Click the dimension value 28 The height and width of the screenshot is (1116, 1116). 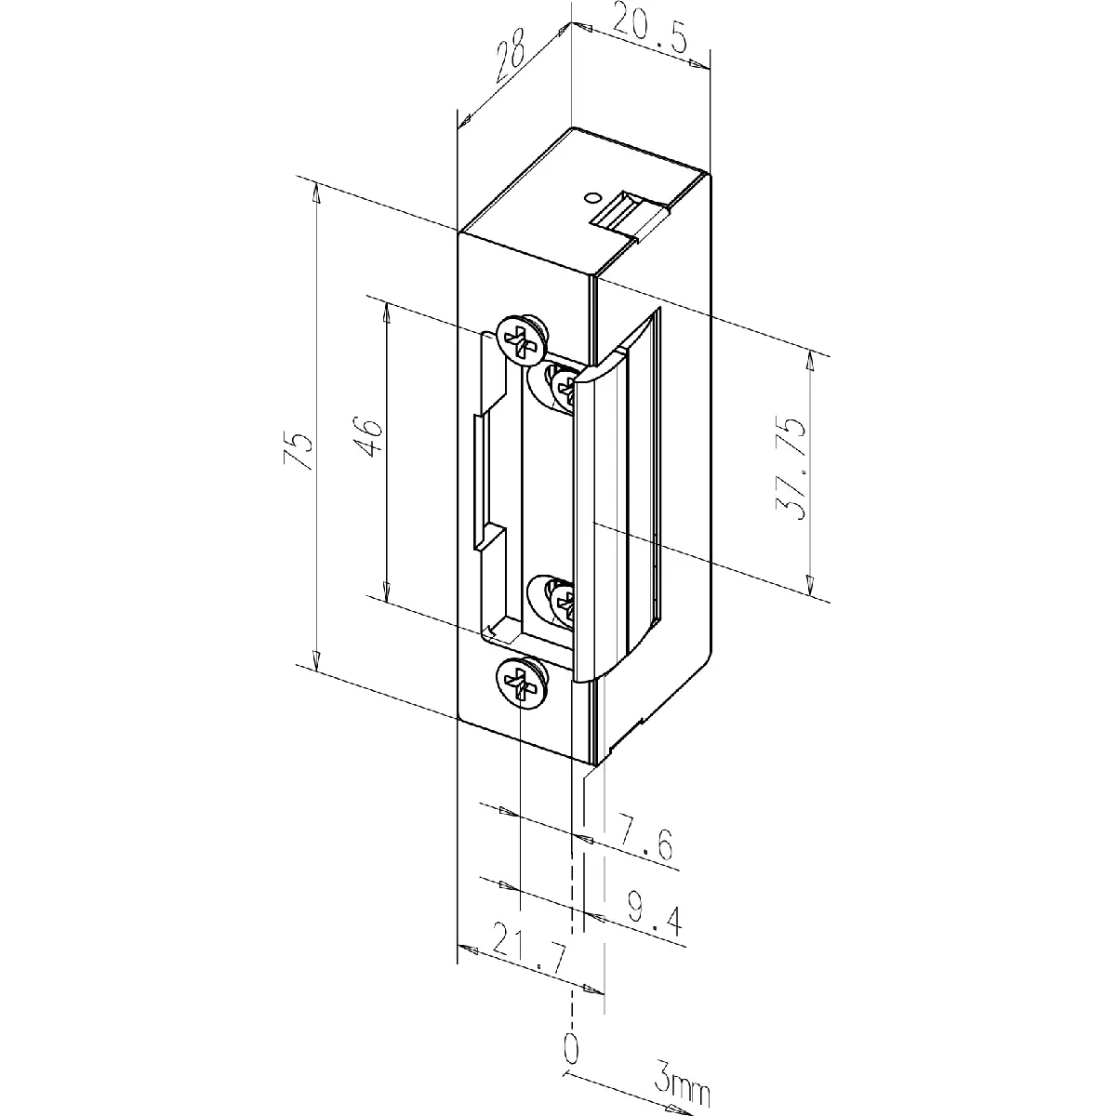click(x=511, y=55)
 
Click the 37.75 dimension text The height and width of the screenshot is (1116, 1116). click(x=790, y=468)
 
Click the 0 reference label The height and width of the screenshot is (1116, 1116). click(x=571, y=1065)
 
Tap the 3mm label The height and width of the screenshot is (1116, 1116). click(x=683, y=1085)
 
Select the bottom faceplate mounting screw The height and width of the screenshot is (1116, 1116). click(x=521, y=683)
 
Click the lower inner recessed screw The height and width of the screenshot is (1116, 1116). click(x=556, y=603)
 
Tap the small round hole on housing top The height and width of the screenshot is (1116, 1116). click(x=591, y=197)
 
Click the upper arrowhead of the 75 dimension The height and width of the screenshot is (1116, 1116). click(x=316, y=193)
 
